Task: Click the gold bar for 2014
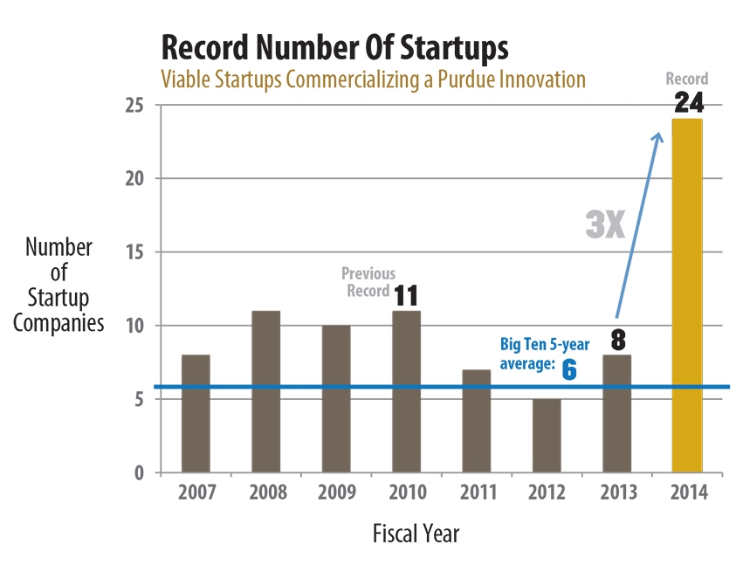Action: click(x=686, y=297)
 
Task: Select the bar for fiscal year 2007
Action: click(x=195, y=414)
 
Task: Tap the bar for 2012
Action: click(x=546, y=436)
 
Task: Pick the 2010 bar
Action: click(x=406, y=392)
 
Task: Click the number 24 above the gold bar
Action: click(x=688, y=104)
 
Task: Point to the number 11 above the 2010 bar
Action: click(x=405, y=296)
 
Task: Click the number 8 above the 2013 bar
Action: click(x=616, y=341)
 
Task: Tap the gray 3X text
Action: click(x=604, y=225)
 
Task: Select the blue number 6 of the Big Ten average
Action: click(x=568, y=369)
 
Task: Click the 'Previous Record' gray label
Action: click(x=367, y=281)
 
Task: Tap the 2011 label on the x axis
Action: click(x=476, y=493)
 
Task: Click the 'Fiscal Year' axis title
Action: click(x=416, y=533)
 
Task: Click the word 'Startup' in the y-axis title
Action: click(x=58, y=297)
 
